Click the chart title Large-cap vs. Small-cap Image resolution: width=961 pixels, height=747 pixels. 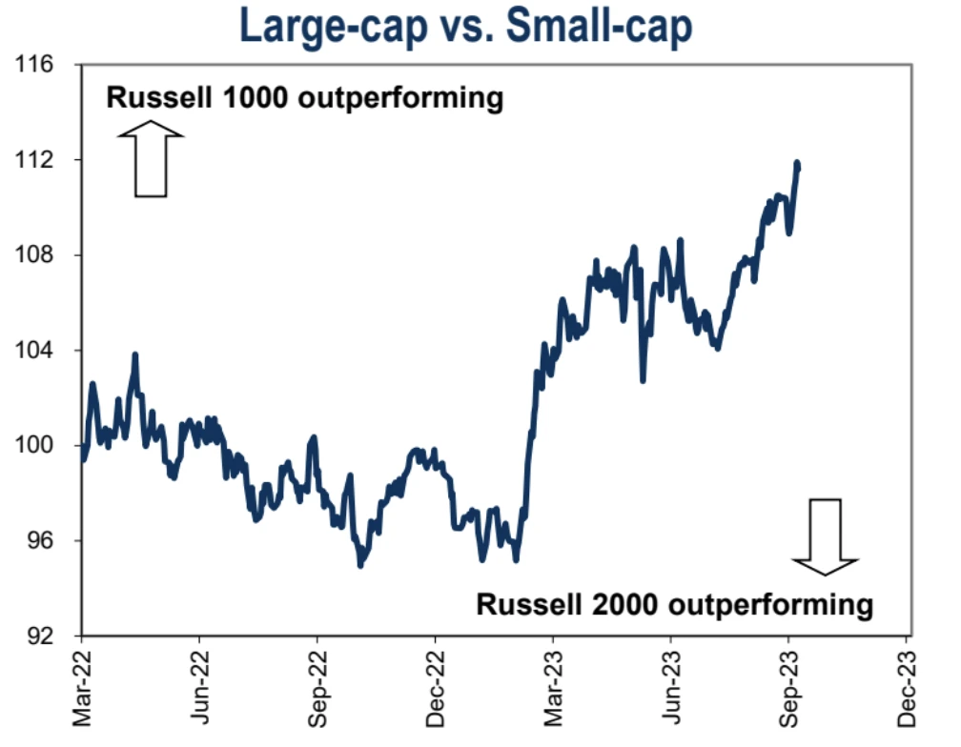(466, 27)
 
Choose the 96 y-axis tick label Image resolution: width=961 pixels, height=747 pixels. (38, 541)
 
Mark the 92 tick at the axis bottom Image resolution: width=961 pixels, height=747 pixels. (38, 636)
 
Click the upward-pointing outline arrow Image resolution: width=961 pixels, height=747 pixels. (151, 164)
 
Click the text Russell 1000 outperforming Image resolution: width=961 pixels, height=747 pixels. (304, 98)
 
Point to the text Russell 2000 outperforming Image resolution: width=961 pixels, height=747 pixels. (674, 604)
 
